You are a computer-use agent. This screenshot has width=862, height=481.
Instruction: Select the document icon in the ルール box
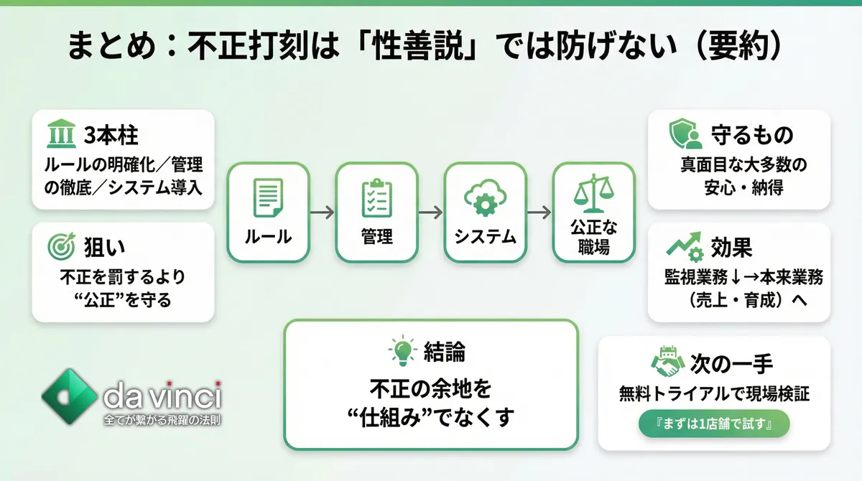(x=268, y=197)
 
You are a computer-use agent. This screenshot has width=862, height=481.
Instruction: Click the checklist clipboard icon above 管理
(x=376, y=197)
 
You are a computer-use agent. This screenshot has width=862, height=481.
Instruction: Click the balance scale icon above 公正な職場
(x=593, y=193)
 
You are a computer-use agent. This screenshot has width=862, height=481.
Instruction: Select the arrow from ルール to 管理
(x=323, y=213)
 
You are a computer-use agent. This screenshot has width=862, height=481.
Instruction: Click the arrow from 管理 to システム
(x=430, y=213)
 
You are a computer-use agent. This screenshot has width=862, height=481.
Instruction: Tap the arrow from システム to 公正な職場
(x=539, y=213)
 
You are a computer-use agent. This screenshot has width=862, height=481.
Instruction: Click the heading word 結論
(x=444, y=352)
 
